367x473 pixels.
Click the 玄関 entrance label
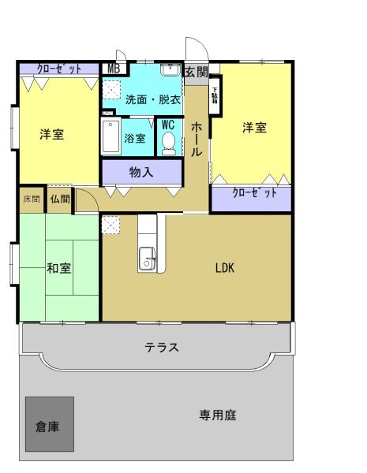[197, 71]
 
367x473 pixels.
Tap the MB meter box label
[114, 69]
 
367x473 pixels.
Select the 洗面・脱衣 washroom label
[152, 99]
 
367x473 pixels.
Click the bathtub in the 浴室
[110, 139]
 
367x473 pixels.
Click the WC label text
[168, 125]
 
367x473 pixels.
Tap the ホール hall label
[198, 138]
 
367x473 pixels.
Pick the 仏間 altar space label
[60, 199]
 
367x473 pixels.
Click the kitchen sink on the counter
[147, 257]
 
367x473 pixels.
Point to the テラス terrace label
[161, 347]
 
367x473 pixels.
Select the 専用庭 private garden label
[218, 415]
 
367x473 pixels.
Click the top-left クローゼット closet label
[59, 69]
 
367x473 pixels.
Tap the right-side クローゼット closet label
[253, 193]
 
